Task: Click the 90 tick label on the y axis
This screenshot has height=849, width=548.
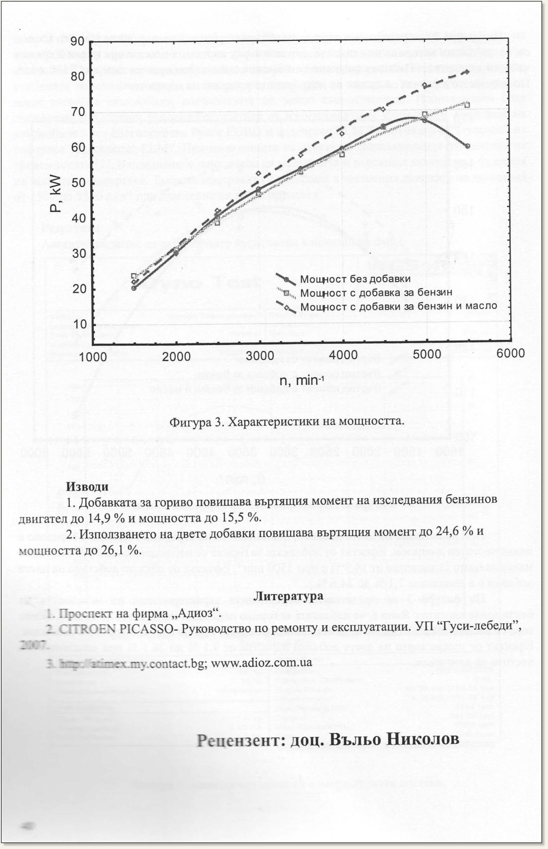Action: tap(77, 41)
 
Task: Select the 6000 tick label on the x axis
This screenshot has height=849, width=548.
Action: tap(511, 353)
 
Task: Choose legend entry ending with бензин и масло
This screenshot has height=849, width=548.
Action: tap(398, 306)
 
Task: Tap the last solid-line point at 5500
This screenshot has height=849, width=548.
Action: tap(468, 146)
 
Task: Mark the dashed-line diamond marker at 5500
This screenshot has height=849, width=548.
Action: tap(467, 72)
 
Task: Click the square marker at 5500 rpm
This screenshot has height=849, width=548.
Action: tap(467, 105)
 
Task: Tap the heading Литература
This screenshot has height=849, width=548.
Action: tap(289, 596)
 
